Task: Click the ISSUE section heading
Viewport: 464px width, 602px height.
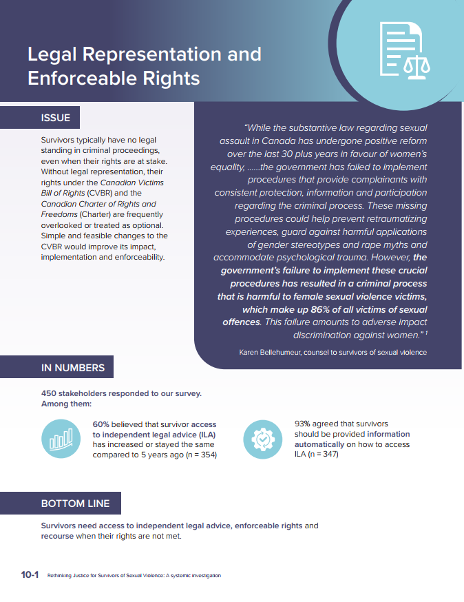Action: coord(56,118)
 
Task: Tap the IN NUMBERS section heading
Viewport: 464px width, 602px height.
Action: coord(73,368)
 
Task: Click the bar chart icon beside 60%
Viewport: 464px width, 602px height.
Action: coord(61,439)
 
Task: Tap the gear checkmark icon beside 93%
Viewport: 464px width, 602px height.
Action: coord(264,439)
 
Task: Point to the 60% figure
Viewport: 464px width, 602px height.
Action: coord(101,424)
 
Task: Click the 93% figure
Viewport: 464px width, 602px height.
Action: coord(303,424)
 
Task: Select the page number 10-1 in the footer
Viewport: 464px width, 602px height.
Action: coord(30,575)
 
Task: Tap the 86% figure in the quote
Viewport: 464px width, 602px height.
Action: coord(328,309)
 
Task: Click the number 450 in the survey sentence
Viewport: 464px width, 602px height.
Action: coord(50,394)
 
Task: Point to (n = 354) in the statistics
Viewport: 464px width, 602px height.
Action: coord(195,455)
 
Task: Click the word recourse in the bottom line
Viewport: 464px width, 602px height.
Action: coord(62,537)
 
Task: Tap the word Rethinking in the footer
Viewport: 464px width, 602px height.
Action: coord(63,576)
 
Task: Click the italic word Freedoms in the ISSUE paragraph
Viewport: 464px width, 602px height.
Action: coord(60,214)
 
